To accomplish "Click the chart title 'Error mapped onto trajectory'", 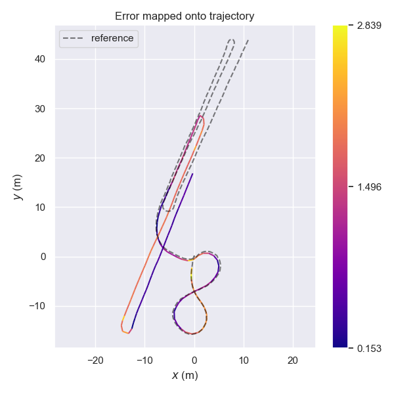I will [x=185, y=16].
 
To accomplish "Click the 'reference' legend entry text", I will [x=112, y=38].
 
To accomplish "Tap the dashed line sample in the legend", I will [x=74, y=39].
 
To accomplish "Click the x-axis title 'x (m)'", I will [x=185, y=375].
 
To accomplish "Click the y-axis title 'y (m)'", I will [x=18, y=186].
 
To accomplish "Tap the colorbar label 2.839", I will [x=368, y=26].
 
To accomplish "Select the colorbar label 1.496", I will [x=368, y=186].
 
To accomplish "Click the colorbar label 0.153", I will [x=368, y=347].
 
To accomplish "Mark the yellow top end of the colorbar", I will [x=339, y=28].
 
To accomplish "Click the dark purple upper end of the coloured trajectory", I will [x=192, y=174].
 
